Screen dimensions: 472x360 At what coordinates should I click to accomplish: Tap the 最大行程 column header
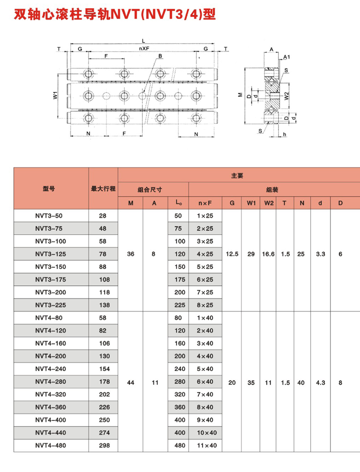(103, 188)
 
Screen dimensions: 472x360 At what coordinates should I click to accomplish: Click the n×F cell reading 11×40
(205, 445)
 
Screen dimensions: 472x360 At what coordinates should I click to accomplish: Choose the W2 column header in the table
(268, 203)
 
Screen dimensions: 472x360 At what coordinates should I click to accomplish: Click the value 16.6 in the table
(268, 254)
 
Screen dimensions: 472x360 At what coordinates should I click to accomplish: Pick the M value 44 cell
(131, 382)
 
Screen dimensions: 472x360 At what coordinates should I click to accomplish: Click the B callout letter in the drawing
(160, 56)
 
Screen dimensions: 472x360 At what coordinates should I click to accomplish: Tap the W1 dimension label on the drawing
(55, 96)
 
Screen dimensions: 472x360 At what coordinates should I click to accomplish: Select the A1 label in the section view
(287, 57)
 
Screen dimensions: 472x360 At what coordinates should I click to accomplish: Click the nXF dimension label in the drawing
(144, 48)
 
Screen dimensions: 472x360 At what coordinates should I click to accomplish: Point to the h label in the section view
(285, 134)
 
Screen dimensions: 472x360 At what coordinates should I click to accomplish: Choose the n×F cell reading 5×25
(205, 267)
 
